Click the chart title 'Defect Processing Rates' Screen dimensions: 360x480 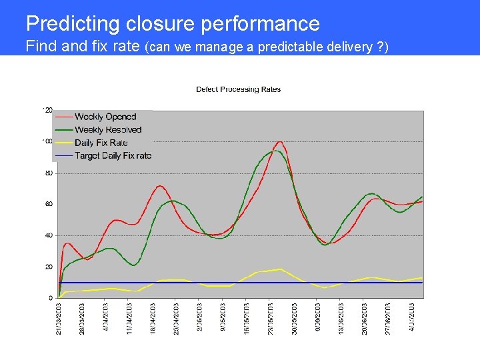click(x=238, y=89)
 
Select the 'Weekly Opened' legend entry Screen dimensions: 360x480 click(x=105, y=117)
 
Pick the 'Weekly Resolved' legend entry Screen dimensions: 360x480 click(x=108, y=130)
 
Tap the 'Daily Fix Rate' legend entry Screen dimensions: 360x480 click(x=101, y=143)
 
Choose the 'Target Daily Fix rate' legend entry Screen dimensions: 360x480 click(x=113, y=155)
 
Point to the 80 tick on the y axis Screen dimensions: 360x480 click(x=49, y=173)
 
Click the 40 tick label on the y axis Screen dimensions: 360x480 click(x=49, y=235)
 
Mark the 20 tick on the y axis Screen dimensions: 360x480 click(x=49, y=267)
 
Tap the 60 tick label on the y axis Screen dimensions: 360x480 click(x=49, y=204)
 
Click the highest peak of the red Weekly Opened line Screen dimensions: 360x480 click(x=279, y=142)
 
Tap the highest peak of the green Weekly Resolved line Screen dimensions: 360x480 click(x=274, y=151)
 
